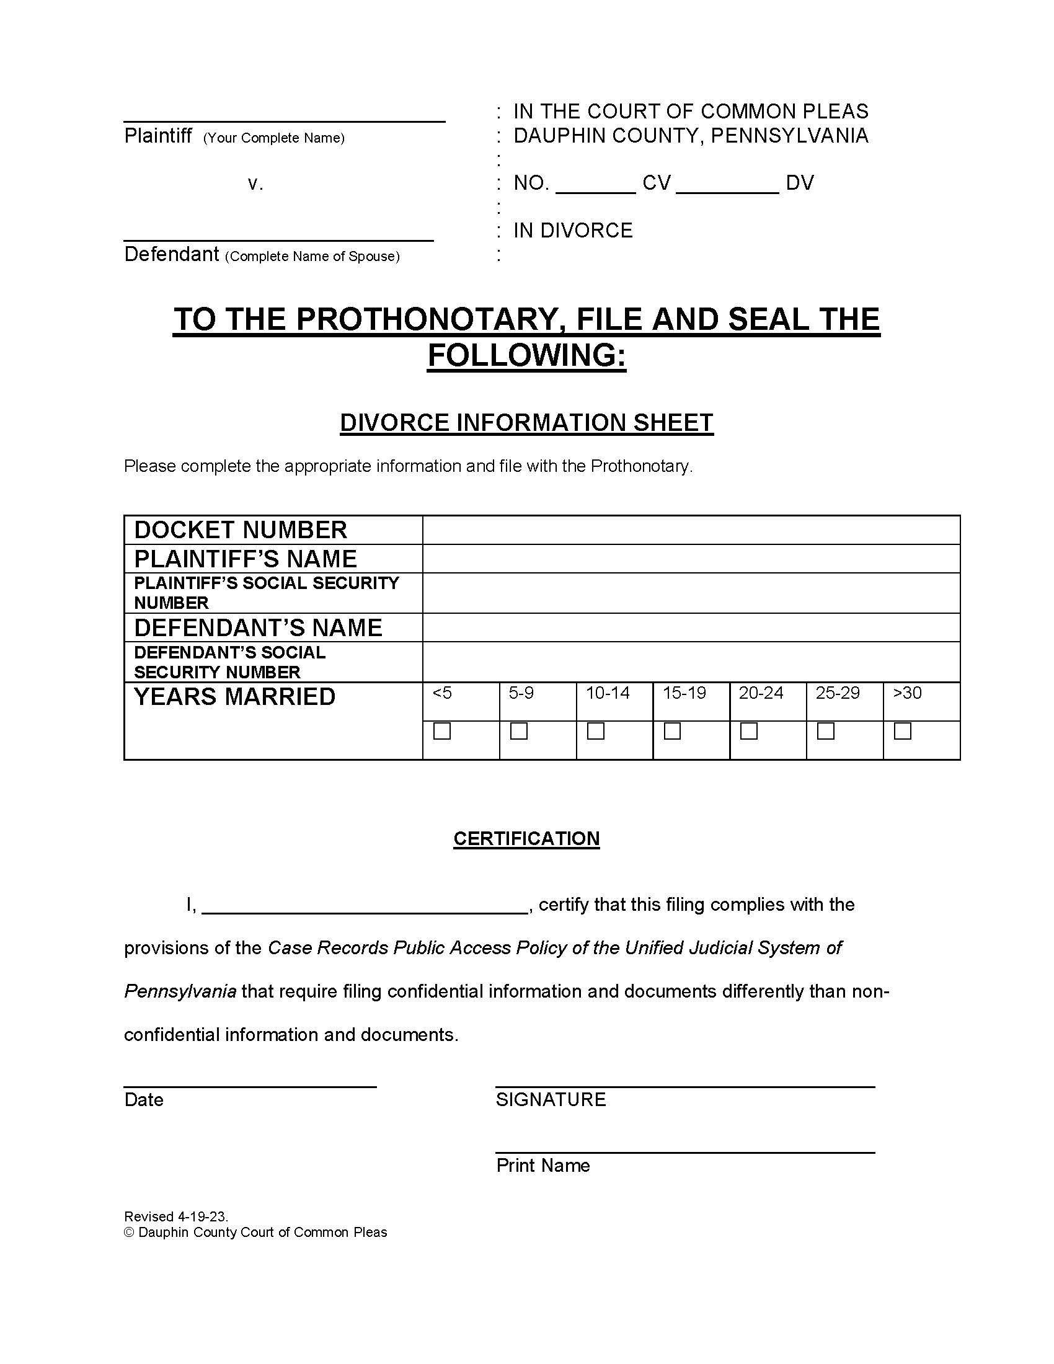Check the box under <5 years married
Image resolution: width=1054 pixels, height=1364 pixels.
pos(442,731)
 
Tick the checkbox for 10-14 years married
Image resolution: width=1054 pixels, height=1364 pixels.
pos(596,731)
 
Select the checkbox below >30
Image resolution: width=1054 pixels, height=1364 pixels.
pos(903,731)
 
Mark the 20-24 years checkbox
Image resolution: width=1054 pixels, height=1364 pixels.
pos(749,731)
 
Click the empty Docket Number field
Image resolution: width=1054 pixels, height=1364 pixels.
pos(691,529)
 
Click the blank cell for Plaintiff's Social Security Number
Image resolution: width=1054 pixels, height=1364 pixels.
pos(691,593)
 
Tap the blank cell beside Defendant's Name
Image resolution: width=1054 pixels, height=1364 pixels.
pos(691,627)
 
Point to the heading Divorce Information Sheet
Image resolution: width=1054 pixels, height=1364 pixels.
pos(526,423)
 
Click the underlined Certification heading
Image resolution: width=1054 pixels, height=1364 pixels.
pos(526,838)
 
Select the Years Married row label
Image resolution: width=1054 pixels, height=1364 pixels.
pos(235,697)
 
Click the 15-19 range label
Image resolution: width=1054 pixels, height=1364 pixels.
pos(684,693)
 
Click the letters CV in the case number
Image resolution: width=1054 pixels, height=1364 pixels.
pos(656,183)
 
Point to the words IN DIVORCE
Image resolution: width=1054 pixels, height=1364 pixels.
pos(573,231)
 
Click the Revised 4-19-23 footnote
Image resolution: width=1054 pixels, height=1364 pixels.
pos(176,1216)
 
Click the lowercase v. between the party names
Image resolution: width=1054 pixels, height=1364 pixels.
pos(255,184)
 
